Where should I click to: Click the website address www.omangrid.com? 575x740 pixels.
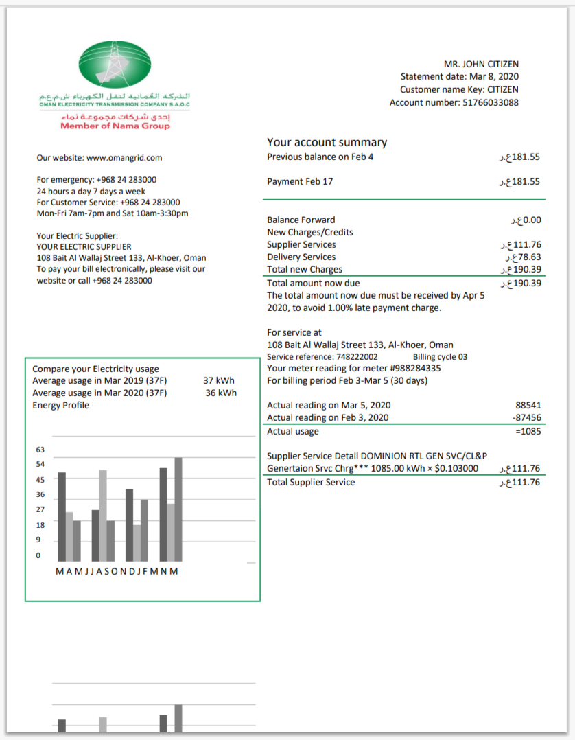(124, 157)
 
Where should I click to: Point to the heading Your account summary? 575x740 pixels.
(327, 143)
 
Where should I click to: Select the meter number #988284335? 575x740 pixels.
(414, 368)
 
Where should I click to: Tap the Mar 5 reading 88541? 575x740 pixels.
(528, 405)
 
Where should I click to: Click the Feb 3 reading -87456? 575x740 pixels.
(526, 417)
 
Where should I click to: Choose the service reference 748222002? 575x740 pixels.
(356, 357)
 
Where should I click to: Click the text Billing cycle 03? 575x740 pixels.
(440, 357)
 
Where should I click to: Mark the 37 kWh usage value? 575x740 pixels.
(220, 380)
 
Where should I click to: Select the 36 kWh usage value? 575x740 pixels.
(221, 393)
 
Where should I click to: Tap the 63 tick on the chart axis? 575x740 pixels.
(40, 450)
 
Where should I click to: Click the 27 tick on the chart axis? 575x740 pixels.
(40, 509)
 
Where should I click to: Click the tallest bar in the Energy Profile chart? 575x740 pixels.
(178, 509)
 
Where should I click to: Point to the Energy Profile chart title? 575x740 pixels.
(61, 405)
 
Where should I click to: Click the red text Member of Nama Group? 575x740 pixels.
(115, 126)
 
